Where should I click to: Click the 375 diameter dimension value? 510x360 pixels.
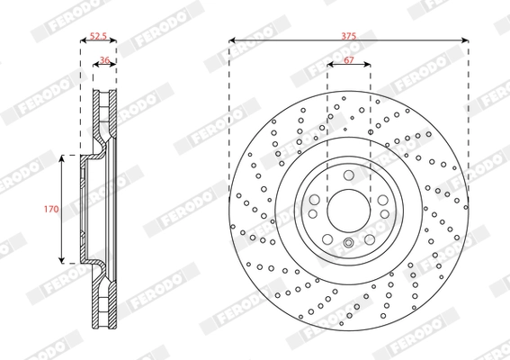[x=348, y=34]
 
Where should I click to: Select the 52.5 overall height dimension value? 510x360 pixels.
[x=99, y=37]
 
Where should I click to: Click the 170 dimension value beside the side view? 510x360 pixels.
[x=52, y=208]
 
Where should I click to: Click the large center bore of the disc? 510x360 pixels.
[x=348, y=209]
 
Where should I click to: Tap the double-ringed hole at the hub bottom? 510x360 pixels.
[x=348, y=246]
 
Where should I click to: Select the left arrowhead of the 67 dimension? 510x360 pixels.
[x=329, y=65]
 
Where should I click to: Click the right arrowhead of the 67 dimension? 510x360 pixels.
[x=367, y=65]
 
